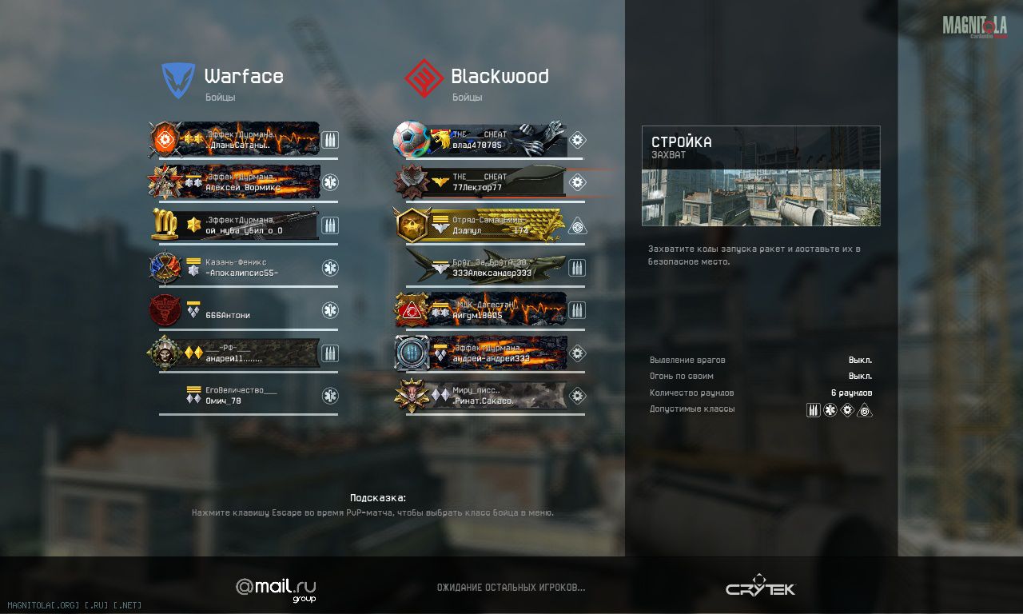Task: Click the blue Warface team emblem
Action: [178, 80]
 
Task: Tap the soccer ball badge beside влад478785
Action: [411, 139]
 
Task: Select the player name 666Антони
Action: [228, 316]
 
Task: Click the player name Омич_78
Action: [223, 401]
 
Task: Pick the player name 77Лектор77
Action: [477, 188]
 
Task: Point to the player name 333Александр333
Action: [492, 273]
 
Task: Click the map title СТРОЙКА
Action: [682, 142]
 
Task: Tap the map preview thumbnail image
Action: [760, 196]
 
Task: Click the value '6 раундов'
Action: [851, 393]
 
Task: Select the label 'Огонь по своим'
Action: [681, 377]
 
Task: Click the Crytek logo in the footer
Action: [760, 587]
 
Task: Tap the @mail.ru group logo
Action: [276, 588]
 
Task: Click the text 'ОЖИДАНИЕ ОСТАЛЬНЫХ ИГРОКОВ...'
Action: [511, 588]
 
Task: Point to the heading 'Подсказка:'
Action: [378, 498]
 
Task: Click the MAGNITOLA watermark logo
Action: [974, 26]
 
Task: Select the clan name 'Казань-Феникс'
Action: [236, 262]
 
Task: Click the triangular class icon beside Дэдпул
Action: [577, 225]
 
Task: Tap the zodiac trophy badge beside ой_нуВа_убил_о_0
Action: [165, 225]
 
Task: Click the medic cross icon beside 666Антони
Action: [330, 310]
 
